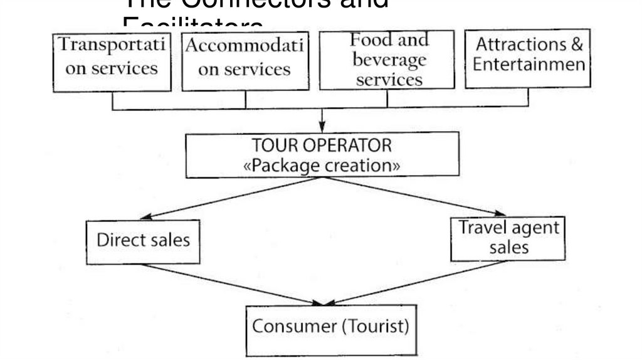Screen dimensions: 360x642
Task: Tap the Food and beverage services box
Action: point(387,60)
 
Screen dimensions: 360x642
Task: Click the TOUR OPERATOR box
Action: point(322,155)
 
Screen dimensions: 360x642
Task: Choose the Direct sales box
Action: point(143,241)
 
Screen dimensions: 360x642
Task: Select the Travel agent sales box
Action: point(508,238)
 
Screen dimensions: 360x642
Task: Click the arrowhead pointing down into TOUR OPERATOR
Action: point(322,127)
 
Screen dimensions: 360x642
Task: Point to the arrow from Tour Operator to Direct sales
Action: point(232,198)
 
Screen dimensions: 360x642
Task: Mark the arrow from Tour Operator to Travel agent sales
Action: point(414,197)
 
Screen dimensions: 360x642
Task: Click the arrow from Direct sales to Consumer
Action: point(232,285)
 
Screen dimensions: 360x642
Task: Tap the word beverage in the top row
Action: point(389,61)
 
